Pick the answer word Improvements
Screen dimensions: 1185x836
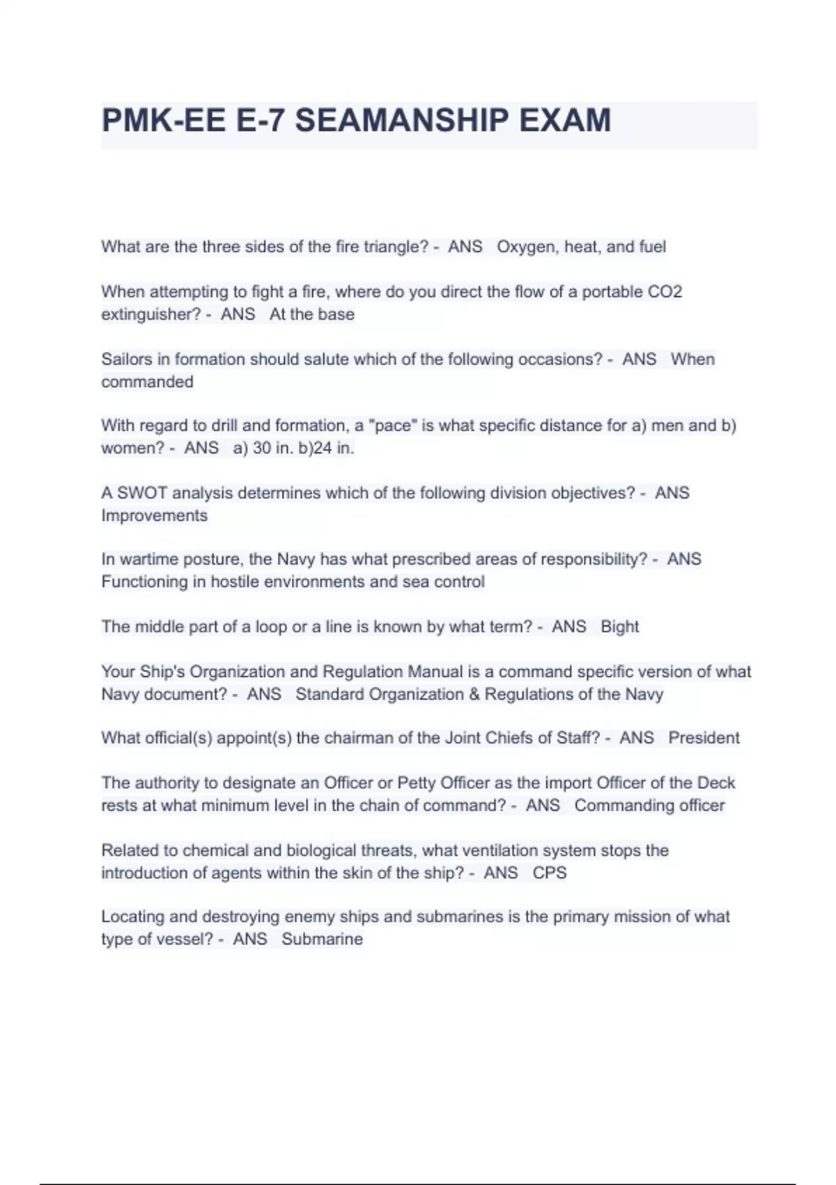(x=155, y=515)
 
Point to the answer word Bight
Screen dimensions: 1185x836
(x=619, y=627)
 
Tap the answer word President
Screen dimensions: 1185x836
(x=704, y=737)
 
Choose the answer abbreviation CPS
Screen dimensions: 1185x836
(x=550, y=873)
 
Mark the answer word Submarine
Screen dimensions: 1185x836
(x=322, y=939)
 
